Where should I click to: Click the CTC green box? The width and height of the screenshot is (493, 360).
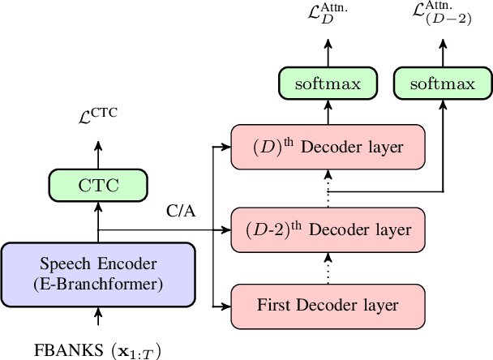(x=98, y=186)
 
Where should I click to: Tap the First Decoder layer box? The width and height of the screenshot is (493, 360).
(x=328, y=306)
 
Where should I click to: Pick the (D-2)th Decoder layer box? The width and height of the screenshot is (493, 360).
(x=328, y=229)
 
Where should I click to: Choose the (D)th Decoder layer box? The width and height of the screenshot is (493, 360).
(x=328, y=147)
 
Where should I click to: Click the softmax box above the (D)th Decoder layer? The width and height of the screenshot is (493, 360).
(x=328, y=84)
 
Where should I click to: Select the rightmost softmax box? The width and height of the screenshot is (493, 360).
(x=442, y=84)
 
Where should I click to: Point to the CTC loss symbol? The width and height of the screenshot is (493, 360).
(x=96, y=114)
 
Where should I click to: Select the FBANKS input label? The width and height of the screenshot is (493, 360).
(x=98, y=350)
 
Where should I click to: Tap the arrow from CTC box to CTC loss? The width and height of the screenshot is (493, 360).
(x=98, y=154)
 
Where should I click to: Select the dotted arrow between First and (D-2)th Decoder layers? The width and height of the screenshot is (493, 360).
(x=328, y=267)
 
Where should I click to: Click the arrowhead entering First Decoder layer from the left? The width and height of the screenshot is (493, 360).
(x=226, y=306)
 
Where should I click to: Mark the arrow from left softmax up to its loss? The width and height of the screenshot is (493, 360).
(x=328, y=54)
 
